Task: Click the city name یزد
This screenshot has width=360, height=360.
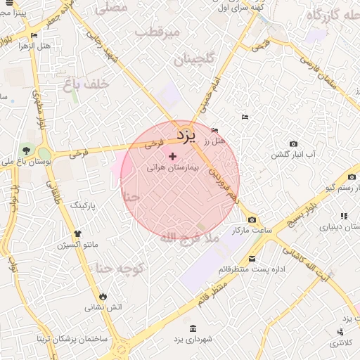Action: [184, 133]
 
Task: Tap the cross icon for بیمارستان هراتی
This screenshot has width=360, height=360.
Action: [173, 156]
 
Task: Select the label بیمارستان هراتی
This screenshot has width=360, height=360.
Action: [174, 169]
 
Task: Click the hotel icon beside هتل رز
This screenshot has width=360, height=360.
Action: [214, 130]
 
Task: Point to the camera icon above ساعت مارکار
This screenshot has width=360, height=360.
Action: [252, 220]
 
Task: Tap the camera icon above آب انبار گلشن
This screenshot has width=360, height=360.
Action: [293, 144]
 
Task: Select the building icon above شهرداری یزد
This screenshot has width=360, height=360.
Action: [193, 328]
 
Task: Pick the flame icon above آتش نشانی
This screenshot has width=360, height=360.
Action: [104, 296]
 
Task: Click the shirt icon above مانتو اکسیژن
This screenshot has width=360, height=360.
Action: [77, 233]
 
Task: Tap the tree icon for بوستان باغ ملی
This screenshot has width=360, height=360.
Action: [27, 150]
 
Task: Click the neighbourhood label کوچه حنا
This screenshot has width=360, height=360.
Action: [120, 268]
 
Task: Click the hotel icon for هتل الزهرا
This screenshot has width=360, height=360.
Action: [34, 35]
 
